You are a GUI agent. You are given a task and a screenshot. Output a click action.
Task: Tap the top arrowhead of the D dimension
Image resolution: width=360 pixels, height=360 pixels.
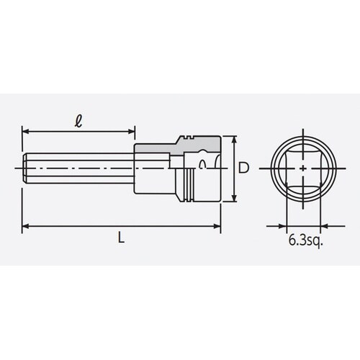[234, 139]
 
